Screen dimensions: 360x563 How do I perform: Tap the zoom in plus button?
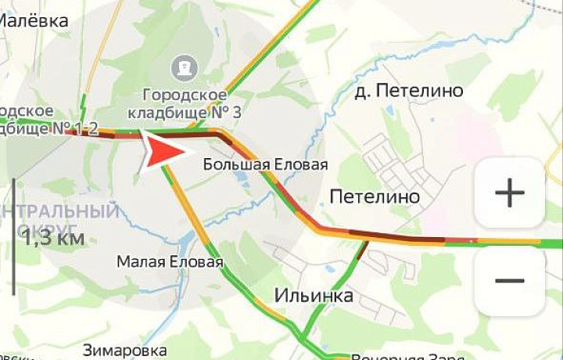[509, 193]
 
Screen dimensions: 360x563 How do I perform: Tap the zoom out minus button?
[509, 280]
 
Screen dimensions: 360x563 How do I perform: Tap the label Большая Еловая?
[265, 164]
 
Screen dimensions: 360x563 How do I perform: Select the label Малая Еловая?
[170, 261]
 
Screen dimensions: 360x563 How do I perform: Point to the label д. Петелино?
[408, 92]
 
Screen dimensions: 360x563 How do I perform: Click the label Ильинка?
[313, 296]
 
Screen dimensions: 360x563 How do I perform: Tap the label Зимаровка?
[124, 349]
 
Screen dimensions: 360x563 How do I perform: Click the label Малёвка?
[34, 21]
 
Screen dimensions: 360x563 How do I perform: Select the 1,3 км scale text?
[53, 238]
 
